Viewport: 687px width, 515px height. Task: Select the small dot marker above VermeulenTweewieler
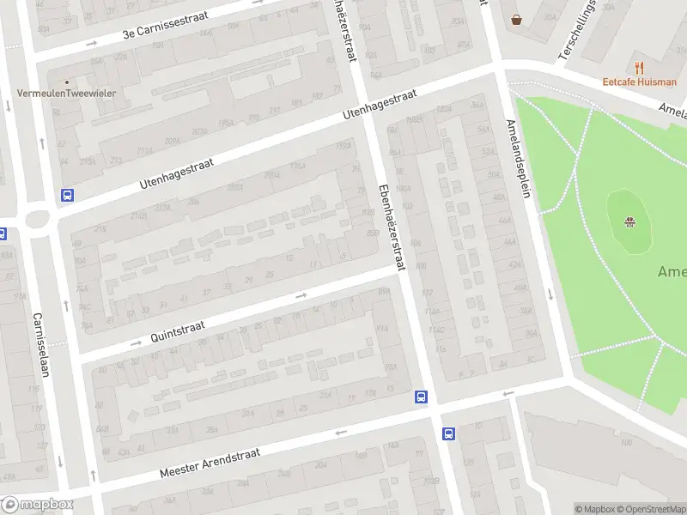click(x=66, y=82)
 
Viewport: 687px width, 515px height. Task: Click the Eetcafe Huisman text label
click(x=639, y=82)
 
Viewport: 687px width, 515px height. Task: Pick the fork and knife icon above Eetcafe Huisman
click(x=639, y=67)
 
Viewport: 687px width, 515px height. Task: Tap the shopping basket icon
click(x=516, y=19)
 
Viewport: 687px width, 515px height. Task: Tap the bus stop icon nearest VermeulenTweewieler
click(x=67, y=195)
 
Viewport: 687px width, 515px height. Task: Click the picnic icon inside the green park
click(x=630, y=223)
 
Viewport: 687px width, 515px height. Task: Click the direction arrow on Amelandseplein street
click(x=550, y=294)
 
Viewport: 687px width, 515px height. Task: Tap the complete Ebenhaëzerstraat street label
click(x=391, y=227)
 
